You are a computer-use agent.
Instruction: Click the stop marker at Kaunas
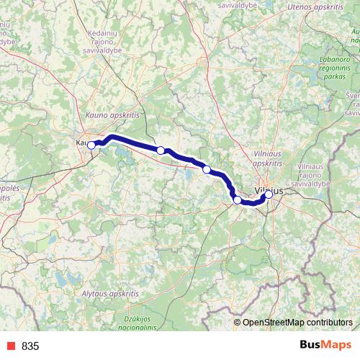[91, 145]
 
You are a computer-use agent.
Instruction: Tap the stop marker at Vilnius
[269, 194]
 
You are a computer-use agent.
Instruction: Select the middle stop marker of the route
[207, 169]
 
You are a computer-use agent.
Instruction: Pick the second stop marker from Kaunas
[161, 150]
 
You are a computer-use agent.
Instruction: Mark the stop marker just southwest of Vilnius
[237, 199]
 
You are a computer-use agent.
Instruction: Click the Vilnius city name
[267, 189]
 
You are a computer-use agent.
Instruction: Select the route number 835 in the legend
[30, 346]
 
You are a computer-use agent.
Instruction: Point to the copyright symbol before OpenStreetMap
[237, 323]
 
